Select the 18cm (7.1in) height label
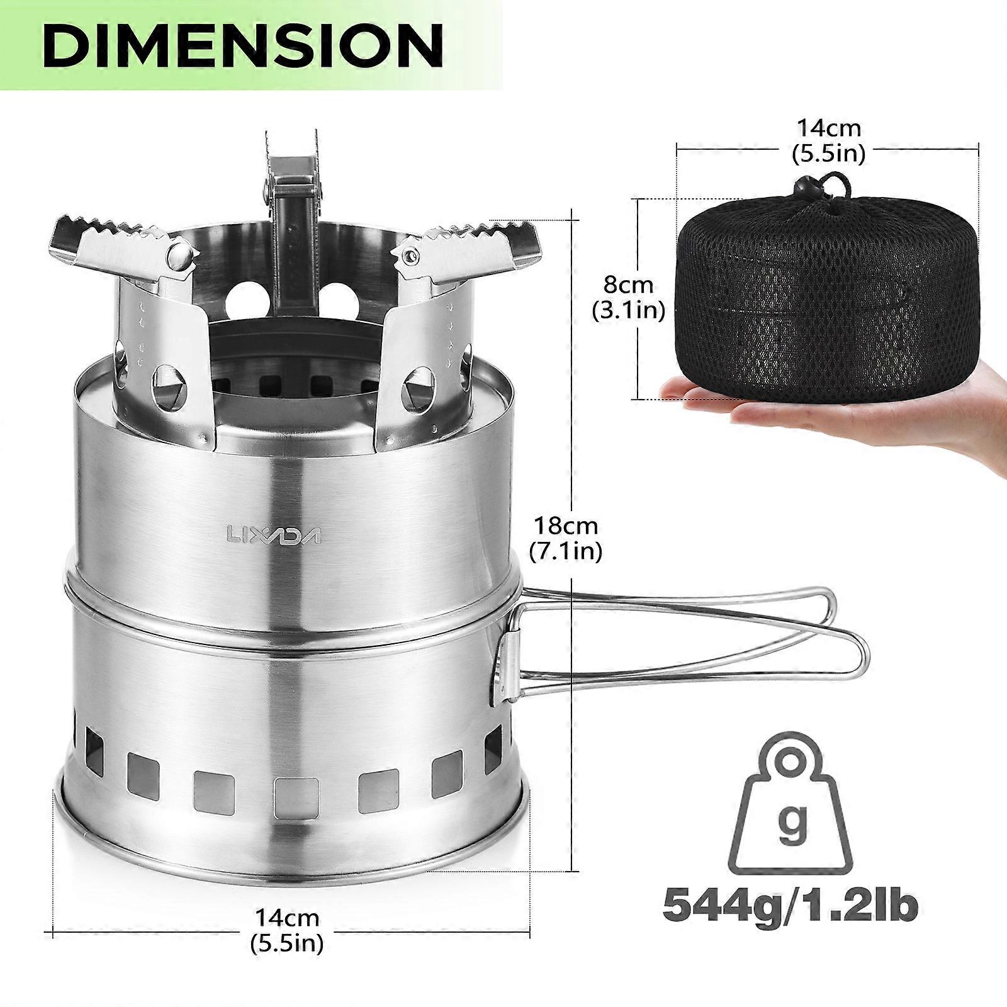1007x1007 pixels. coord(565,538)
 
